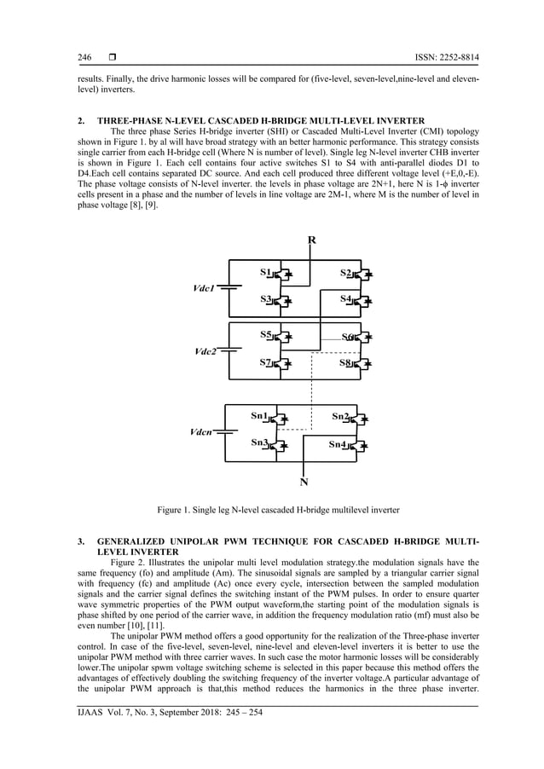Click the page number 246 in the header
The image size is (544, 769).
[x=84, y=57]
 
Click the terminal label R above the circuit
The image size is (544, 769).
[x=312, y=240]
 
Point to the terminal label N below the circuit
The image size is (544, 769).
[x=304, y=482]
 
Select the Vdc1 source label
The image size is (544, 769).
[x=206, y=288]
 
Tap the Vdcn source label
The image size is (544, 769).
[x=205, y=432]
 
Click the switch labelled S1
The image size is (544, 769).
[x=281, y=274]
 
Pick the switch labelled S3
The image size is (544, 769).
[x=281, y=300]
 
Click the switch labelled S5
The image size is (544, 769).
[x=281, y=336]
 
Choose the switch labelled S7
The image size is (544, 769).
[x=281, y=363]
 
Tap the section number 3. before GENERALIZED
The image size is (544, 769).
[x=81, y=541]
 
